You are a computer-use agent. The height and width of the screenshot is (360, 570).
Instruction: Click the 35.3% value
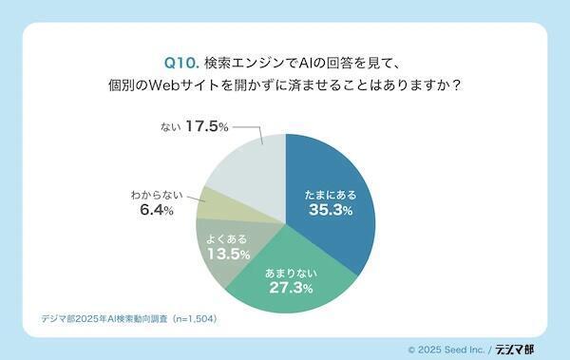[331, 210]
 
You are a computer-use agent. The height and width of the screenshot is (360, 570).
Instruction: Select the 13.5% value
[228, 255]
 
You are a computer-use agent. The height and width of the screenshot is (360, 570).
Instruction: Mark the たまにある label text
[331, 191]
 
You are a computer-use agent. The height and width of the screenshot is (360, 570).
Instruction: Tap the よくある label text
[228, 237]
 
